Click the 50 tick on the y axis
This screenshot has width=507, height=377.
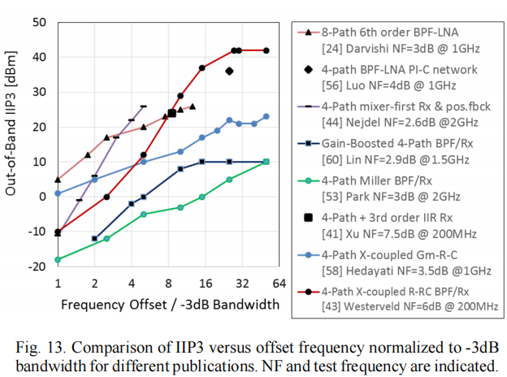click(x=38, y=22)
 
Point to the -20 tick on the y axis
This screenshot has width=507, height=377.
click(x=37, y=266)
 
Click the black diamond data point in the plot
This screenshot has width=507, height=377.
click(x=229, y=71)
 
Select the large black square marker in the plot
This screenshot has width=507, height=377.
click(x=172, y=113)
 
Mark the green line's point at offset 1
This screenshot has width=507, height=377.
click(x=58, y=259)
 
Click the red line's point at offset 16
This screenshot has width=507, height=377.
click(x=202, y=67)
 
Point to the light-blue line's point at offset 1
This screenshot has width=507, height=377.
click(x=58, y=193)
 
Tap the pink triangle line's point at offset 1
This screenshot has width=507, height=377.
click(x=58, y=180)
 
